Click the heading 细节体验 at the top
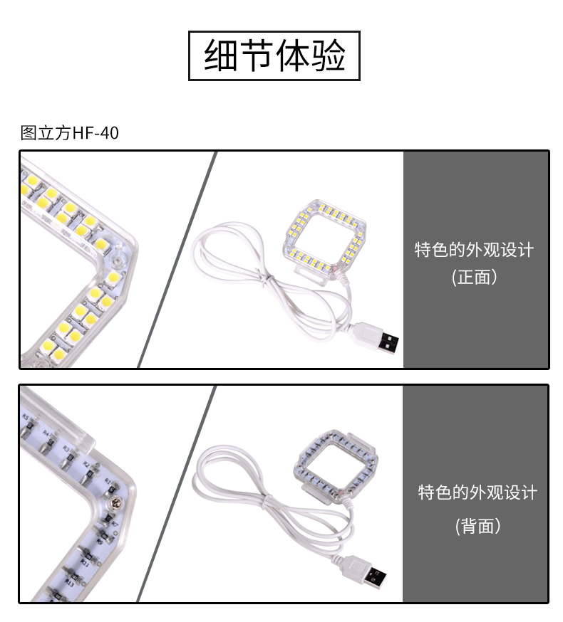tap(274, 56)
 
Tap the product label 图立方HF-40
tap(70, 133)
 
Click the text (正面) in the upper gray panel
tap(475, 277)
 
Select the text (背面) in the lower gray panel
tap(478, 526)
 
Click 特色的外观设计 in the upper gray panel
tap(475, 250)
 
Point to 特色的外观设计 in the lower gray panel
tap(477, 492)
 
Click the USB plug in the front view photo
tap(376, 339)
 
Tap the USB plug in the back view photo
tap(363, 571)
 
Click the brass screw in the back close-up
tap(116, 502)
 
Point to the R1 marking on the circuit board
tap(108, 482)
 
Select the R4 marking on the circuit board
tap(46, 433)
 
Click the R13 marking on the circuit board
tap(70, 583)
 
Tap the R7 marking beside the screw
tap(115, 524)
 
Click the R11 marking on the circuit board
tap(85, 562)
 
